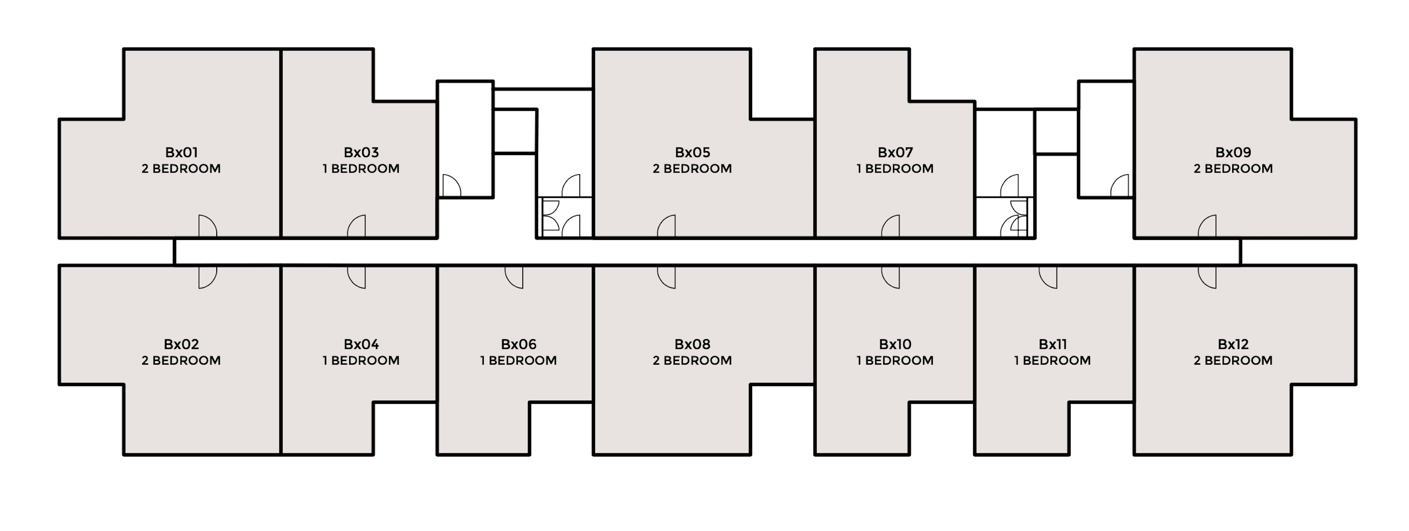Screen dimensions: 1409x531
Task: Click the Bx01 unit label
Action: pos(181,152)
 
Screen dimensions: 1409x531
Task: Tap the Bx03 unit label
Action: pos(361,152)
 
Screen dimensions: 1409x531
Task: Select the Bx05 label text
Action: pos(692,152)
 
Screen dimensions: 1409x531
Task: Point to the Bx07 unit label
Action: pos(895,152)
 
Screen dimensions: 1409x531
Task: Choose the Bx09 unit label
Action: pos(1233,152)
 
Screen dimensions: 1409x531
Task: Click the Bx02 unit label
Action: pos(181,344)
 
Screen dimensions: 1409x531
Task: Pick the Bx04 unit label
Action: pos(361,344)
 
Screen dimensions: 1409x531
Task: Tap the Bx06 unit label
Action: pos(519,344)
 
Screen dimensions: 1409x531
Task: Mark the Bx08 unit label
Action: pos(692,344)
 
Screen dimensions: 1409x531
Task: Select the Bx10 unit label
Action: pos(895,344)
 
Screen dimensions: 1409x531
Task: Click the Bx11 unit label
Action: pos(1052,344)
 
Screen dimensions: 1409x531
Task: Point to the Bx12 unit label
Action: pos(1233,344)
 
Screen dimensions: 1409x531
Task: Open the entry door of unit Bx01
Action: pos(207,226)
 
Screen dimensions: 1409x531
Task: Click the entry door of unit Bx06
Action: pos(514,277)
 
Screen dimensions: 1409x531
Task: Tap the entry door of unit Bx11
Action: pos(1048,277)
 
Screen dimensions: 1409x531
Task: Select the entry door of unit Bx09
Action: pos(1207,226)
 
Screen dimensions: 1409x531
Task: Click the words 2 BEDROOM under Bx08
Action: pos(692,361)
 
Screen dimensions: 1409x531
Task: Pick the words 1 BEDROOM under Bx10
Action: pos(895,361)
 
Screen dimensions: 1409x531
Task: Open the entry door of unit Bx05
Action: pos(666,226)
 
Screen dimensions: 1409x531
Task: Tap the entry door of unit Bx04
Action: pos(356,277)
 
